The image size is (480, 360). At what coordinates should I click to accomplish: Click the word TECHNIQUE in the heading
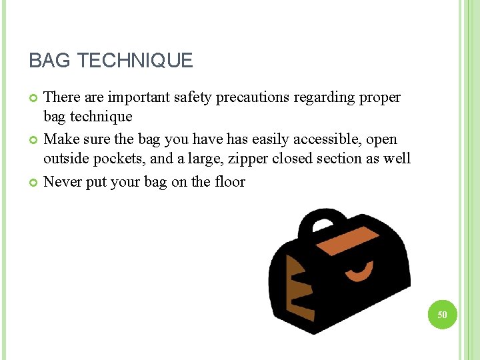[135, 61]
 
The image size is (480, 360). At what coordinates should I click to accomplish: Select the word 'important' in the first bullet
[137, 97]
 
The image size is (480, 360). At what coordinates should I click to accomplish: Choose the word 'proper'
[380, 97]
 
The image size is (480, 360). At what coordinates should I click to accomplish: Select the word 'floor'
[228, 181]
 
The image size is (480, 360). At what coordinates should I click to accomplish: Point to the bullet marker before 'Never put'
[34, 183]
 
